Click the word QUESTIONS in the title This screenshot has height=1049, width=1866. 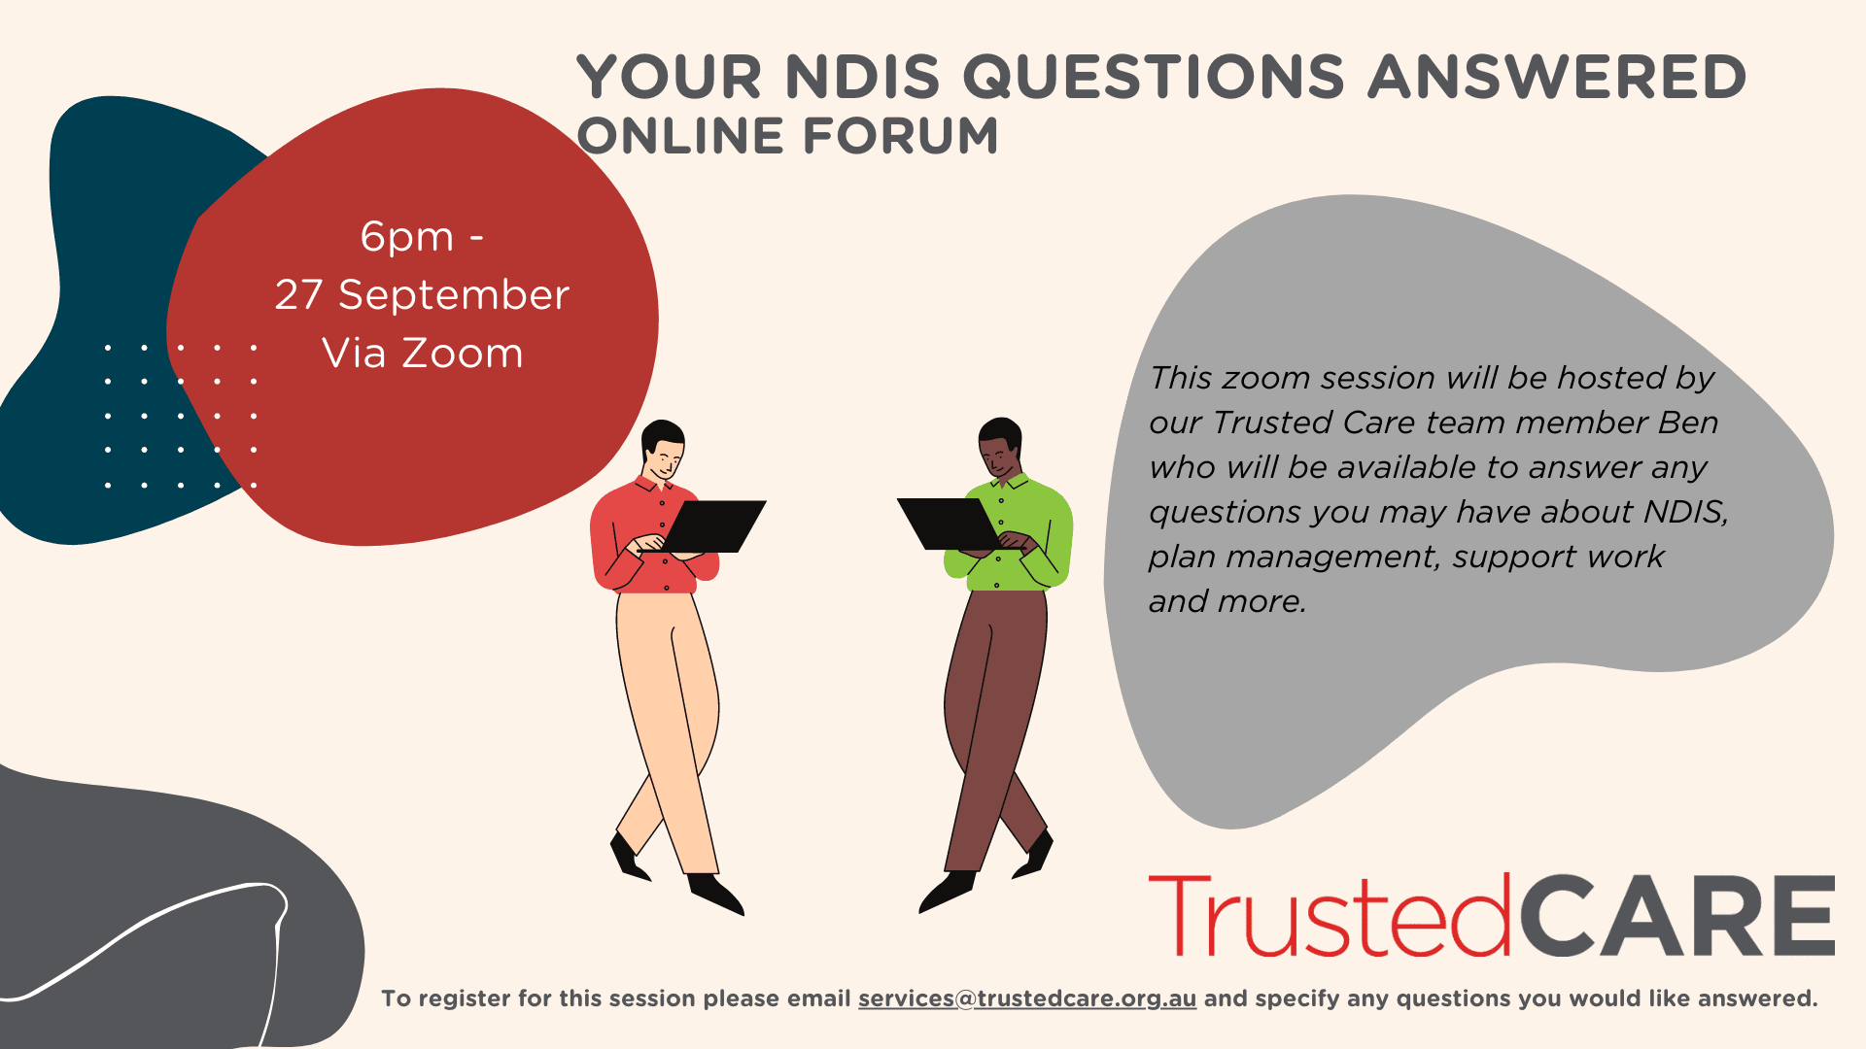(1154, 77)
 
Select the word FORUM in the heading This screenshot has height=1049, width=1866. (901, 136)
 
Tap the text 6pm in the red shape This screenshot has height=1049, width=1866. (407, 238)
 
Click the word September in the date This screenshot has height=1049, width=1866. (454, 295)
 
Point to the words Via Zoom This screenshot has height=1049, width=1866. (423, 353)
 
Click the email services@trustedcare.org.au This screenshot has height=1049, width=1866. (1027, 998)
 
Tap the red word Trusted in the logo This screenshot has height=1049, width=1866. (1330, 915)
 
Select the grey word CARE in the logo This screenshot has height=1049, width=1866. (1676, 915)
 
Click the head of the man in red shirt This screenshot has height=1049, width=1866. (664, 449)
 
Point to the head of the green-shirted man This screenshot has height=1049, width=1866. (1000, 447)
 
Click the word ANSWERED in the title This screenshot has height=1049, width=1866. (1558, 77)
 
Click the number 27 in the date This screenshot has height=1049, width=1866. (298, 295)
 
